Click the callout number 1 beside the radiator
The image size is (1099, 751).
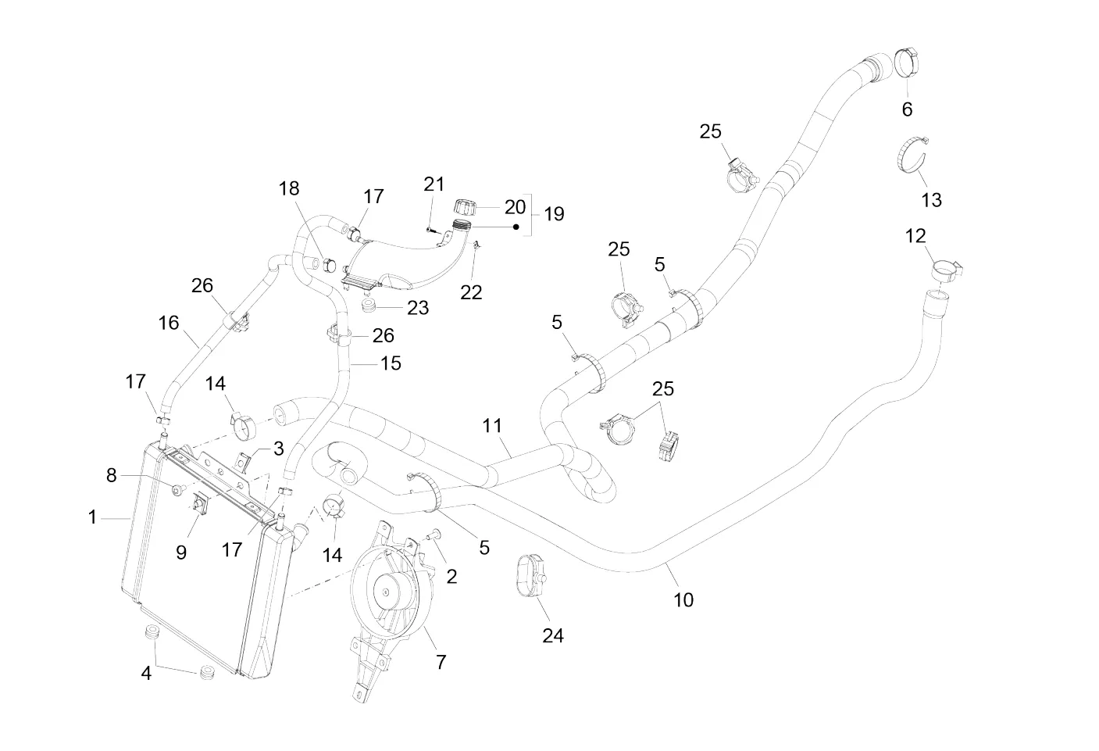click(x=92, y=517)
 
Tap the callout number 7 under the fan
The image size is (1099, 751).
click(x=441, y=662)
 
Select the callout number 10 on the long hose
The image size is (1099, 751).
click(x=683, y=599)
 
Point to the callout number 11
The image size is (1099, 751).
click(x=492, y=426)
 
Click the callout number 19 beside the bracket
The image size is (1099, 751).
click(x=554, y=213)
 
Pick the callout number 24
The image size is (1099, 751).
click(x=553, y=635)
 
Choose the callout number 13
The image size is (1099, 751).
click(x=931, y=200)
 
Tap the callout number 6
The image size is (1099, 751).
click(x=907, y=109)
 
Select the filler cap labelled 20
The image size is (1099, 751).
click(x=462, y=209)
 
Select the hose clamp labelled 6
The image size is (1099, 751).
click(x=908, y=63)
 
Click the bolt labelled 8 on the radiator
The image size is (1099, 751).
click(x=177, y=490)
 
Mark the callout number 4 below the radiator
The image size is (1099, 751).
click(x=146, y=672)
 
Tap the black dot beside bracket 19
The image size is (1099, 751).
click(x=516, y=227)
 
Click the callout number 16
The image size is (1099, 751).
click(x=168, y=323)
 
